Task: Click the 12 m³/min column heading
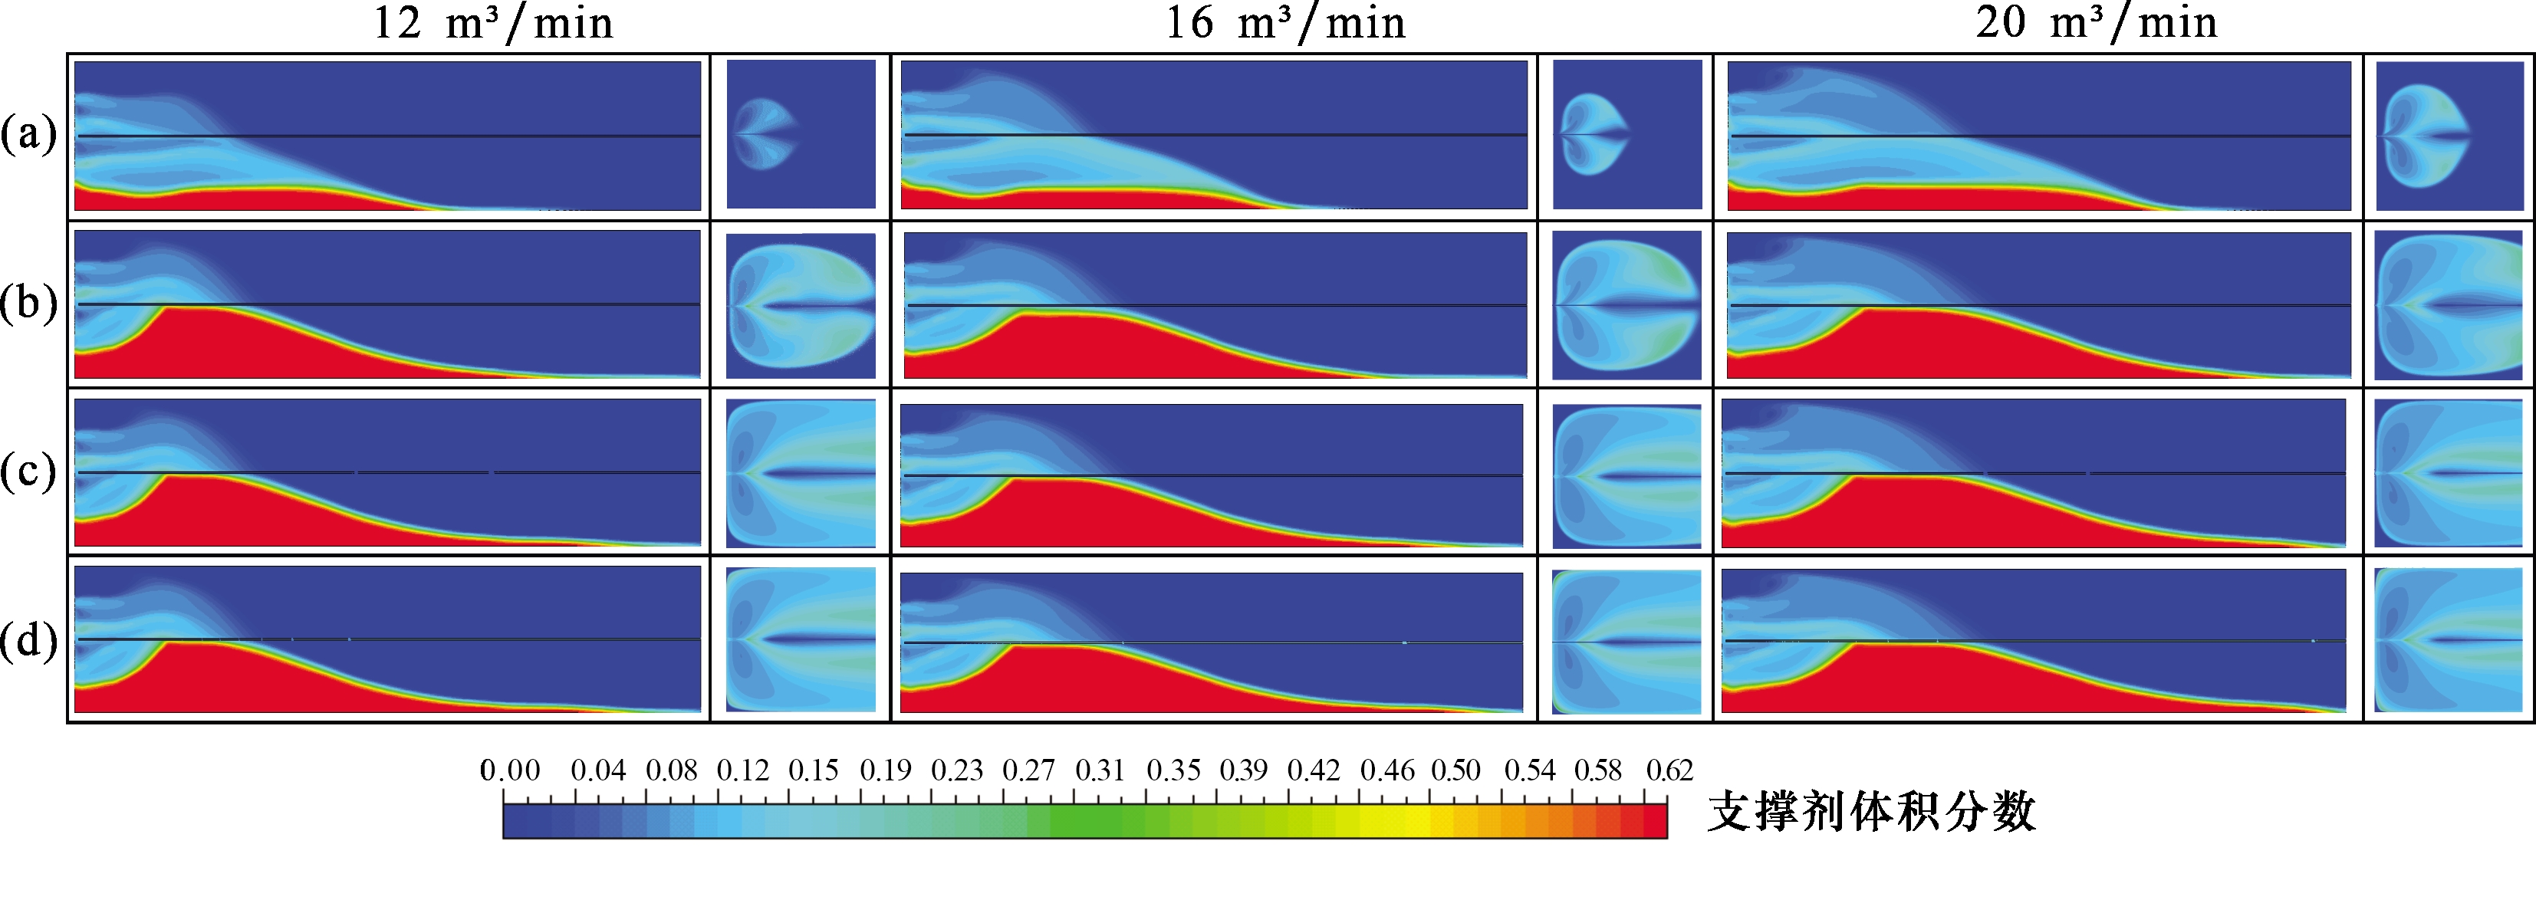click(x=493, y=23)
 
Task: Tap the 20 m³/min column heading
click(x=2097, y=23)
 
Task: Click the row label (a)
click(x=28, y=134)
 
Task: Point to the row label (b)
click(x=28, y=304)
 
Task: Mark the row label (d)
click(x=28, y=641)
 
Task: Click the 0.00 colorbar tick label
click(x=510, y=770)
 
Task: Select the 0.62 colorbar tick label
click(x=1669, y=770)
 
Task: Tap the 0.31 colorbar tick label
click(x=1100, y=770)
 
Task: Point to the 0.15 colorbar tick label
click(x=813, y=770)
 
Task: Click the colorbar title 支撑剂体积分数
click(x=1870, y=813)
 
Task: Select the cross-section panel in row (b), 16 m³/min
click(x=1627, y=304)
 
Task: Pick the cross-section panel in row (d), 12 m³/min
click(x=801, y=639)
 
